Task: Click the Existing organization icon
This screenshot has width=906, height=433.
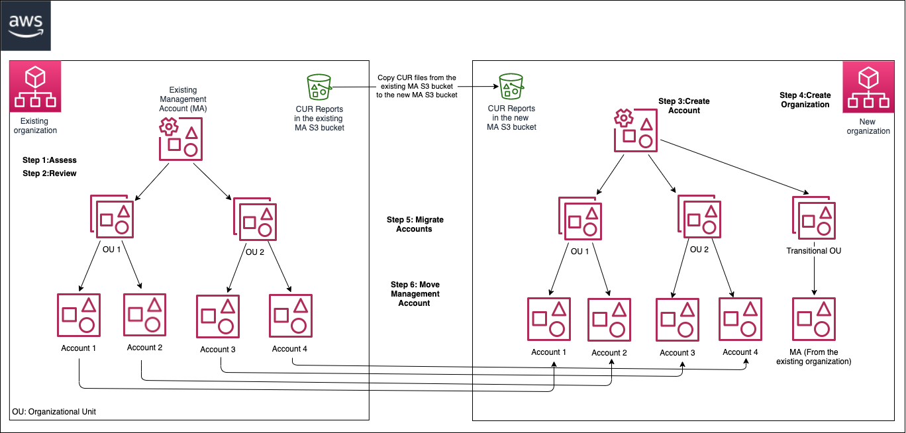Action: pyautogui.click(x=34, y=87)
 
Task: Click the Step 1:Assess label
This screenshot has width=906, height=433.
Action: pyautogui.click(x=50, y=160)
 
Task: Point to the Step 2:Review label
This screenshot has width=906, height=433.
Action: pyautogui.click(x=50, y=173)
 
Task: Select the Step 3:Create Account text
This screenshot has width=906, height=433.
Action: pyautogui.click(x=684, y=106)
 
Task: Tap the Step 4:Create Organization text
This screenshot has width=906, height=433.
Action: pyautogui.click(x=805, y=100)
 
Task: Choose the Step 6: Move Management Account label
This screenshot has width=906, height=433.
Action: pyautogui.click(x=415, y=294)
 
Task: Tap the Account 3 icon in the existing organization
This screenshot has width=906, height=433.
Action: pyautogui.click(x=219, y=317)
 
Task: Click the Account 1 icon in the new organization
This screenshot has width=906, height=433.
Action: pyautogui.click(x=550, y=320)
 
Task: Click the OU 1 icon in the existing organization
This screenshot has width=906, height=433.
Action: pyautogui.click(x=113, y=217)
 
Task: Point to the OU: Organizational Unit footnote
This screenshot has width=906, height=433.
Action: pyautogui.click(x=54, y=412)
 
